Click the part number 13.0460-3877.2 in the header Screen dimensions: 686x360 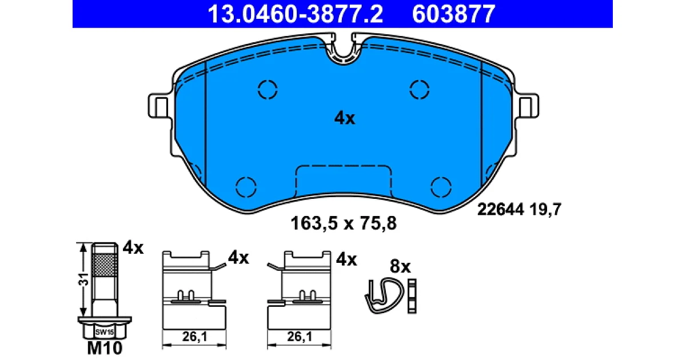(x=295, y=14)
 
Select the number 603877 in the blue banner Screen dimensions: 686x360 (x=453, y=14)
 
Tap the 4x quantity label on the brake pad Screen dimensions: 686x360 (x=345, y=118)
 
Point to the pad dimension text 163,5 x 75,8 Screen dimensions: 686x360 (x=344, y=223)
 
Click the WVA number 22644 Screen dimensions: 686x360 (x=501, y=210)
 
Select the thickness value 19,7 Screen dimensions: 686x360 (x=545, y=210)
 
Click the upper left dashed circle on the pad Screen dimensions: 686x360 (x=268, y=90)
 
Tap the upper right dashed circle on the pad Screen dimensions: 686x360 (x=419, y=90)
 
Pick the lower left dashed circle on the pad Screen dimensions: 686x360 (x=246, y=187)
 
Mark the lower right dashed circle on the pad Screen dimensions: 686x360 (x=441, y=187)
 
